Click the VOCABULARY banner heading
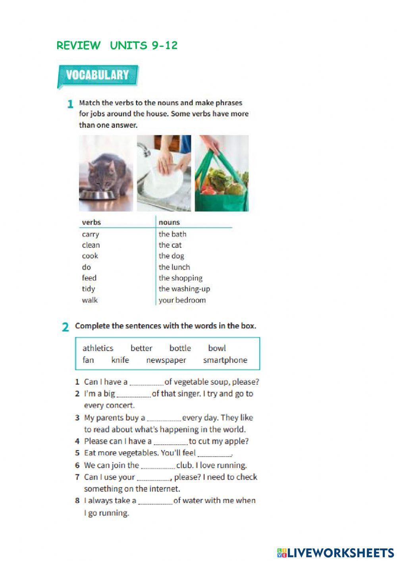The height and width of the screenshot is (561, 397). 98,75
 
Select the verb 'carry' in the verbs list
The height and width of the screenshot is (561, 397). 91,234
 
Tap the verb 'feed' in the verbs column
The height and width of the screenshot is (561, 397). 89,278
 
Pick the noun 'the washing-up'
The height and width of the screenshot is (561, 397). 184,289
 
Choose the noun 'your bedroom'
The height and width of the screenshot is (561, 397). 182,300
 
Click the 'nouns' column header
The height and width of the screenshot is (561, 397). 169,222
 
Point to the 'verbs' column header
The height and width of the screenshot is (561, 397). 91,222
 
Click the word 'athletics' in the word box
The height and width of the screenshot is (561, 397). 98,348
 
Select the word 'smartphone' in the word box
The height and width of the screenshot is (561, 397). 225,360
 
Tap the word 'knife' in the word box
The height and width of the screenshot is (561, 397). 120,360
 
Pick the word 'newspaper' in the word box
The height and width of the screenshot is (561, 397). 166,360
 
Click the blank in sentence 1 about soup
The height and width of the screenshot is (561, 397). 146,383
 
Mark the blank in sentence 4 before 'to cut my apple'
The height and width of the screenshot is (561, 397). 170,442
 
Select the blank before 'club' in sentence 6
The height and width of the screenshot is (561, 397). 158,466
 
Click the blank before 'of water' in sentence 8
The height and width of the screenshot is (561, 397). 155,501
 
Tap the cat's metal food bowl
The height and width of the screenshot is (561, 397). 98,195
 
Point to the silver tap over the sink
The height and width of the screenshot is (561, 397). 144,148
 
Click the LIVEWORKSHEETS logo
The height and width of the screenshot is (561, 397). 335,553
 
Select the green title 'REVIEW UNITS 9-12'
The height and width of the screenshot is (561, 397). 117,46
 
